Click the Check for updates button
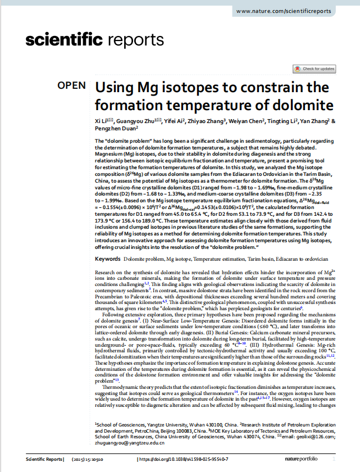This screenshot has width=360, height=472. pyautogui.click(x=315, y=69)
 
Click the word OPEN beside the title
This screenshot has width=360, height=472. pyautogui.click(x=72, y=86)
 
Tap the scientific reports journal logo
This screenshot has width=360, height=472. pyautogui.click(x=94, y=40)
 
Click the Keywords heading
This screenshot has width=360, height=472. pyautogui.click(x=108, y=259)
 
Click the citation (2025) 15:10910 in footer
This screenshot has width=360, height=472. pyautogui.click(x=88, y=459)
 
